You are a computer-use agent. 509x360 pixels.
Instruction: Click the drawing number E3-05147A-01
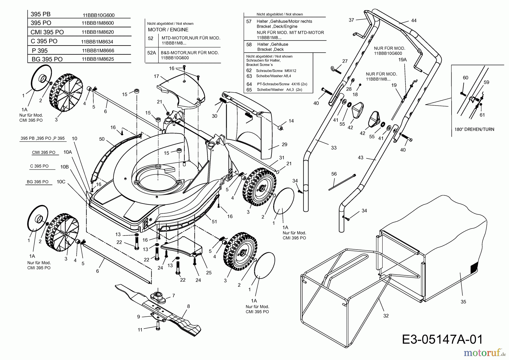click(x=442, y=339)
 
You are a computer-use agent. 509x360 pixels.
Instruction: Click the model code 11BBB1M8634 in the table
click(x=97, y=42)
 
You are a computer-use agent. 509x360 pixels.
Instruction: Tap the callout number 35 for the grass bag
click(x=463, y=302)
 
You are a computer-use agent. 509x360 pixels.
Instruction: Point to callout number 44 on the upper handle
click(x=414, y=21)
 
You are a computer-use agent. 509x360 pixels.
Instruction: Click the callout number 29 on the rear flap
click(x=284, y=144)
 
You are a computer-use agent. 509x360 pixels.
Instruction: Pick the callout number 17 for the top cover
click(x=157, y=76)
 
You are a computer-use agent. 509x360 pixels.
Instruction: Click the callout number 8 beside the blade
click(x=188, y=306)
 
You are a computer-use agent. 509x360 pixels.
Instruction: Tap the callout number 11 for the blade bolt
click(x=140, y=330)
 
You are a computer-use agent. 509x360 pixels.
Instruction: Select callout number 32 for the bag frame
click(x=386, y=316)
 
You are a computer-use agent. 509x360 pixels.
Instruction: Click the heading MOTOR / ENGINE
click(x=168, y=30)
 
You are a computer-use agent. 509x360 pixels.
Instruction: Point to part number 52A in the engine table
click(x=152, y=53)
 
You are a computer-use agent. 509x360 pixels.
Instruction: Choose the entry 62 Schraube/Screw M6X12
click(x=271, y=71)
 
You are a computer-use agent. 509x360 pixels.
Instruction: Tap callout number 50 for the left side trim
click(x=102, y=139)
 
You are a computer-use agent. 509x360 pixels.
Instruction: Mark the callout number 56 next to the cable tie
click(x=334, y=174)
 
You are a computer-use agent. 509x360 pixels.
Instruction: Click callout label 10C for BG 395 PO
click(x=61, y=182)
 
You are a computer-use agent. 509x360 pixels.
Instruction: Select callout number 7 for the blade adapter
click(x=173, y=295)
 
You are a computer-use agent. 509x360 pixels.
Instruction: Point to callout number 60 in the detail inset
click(x=465, y=78)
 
